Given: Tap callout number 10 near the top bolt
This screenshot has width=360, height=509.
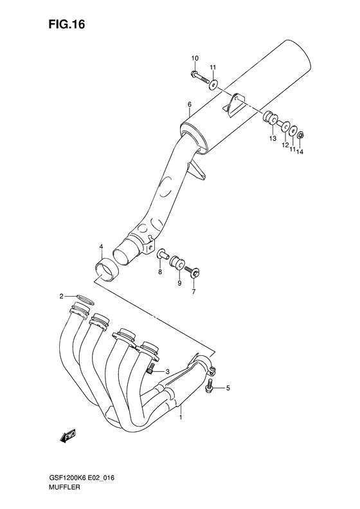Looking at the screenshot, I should (195, 60).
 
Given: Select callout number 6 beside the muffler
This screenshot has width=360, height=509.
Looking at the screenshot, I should (190, 104).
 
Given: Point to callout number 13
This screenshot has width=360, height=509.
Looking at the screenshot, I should (273, 138).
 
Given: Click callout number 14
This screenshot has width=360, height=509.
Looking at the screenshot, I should (299, 152).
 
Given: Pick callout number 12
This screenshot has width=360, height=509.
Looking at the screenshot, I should (283, 145).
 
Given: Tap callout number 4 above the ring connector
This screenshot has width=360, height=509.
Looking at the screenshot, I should (101, 247).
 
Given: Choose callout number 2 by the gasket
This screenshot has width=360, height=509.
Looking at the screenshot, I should (62, 296).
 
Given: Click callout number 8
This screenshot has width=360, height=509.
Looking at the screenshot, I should (161, 273).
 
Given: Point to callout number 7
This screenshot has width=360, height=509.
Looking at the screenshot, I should (193, 292).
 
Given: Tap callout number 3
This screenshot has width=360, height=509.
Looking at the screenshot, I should (166, 372).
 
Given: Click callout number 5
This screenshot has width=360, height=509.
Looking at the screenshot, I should (226, 388).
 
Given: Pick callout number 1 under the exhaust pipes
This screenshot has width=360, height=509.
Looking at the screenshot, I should (181, 417).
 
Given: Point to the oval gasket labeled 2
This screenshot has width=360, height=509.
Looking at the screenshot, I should (84, 298).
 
